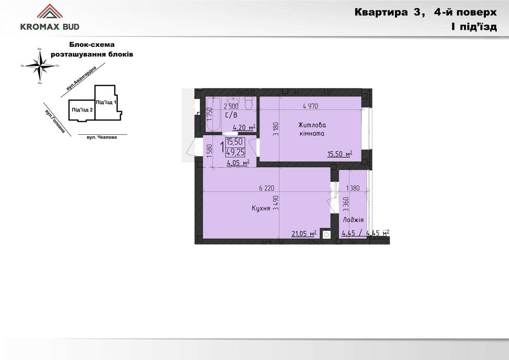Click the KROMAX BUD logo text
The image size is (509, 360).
[49, 27]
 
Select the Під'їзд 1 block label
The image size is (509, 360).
[106, 102]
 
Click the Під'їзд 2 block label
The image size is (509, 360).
[82, 110]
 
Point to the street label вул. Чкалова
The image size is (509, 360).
[98, 137]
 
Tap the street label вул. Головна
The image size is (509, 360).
[54, 121]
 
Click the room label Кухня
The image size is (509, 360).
[261, 208]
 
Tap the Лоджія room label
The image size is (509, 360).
[353, 220]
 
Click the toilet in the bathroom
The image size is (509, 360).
[249, 104]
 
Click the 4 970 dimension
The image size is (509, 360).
[311, 106]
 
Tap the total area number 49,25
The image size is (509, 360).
[235, 152]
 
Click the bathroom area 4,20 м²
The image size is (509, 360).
[244, 128]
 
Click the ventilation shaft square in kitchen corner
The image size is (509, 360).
[326, 235]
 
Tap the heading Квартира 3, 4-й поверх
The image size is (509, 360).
[425, 13]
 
